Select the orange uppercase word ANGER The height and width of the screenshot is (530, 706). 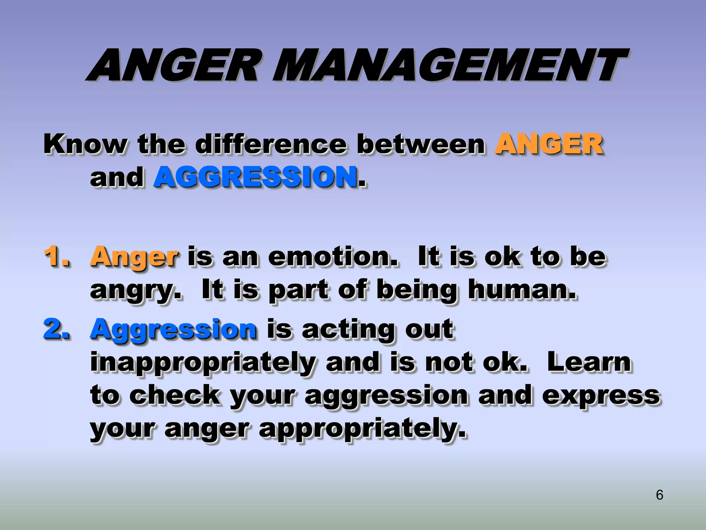coord(549,144)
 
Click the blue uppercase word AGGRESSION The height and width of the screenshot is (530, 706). coord(255,177)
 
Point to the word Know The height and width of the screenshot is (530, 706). coord(85,144)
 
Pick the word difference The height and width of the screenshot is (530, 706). coord(271,144)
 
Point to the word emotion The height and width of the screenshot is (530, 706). coord(333,257)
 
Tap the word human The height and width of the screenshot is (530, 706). coord(522,290)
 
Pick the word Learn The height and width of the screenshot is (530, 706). coord(589,362)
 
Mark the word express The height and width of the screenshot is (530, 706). coord(601,396)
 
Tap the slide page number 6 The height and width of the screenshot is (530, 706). coord(659,495)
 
